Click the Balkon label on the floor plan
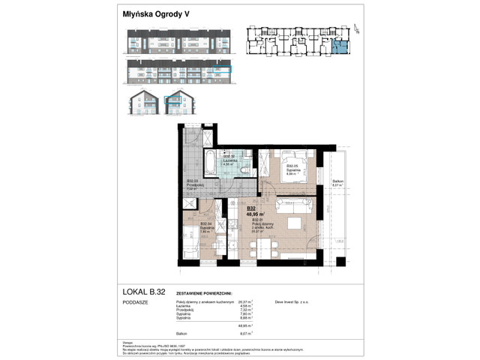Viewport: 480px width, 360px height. [338, 181]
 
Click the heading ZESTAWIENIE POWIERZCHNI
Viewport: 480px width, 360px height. [204, 295]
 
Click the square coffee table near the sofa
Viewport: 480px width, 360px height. [295, 223]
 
